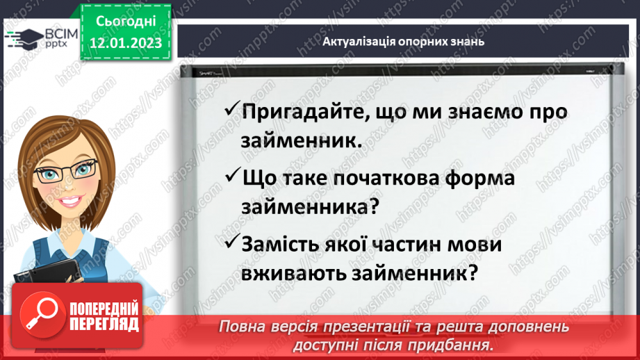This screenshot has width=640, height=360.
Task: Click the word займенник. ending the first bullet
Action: (302, 140)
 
